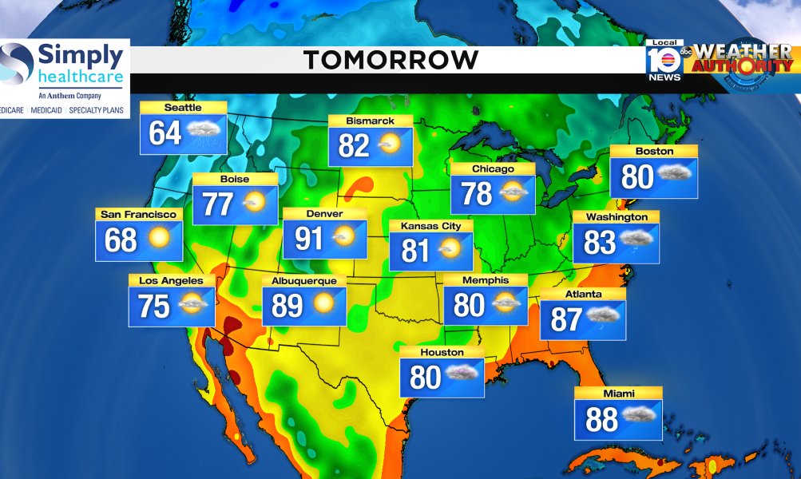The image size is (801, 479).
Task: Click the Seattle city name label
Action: (183, 108)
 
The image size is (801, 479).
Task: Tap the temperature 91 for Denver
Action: (309, 239)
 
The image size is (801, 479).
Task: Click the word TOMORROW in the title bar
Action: (391, 60)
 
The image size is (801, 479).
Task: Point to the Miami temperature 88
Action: (601, 420)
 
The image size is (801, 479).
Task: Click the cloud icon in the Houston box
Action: (462, 374)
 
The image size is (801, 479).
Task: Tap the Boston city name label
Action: (654, 152)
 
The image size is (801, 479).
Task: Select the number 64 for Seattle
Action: (165, 133)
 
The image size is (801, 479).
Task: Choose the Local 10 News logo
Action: (664, 61)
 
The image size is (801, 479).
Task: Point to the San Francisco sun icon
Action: (159, 238)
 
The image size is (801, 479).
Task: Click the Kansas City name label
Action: (430, 226)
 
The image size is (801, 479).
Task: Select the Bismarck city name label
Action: (371, 121)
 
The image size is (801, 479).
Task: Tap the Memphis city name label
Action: (486, 280)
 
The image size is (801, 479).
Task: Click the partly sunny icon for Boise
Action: (254, 203)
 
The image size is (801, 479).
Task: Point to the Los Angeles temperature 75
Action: (154, 307)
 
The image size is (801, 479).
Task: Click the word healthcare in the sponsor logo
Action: (81, 78)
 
